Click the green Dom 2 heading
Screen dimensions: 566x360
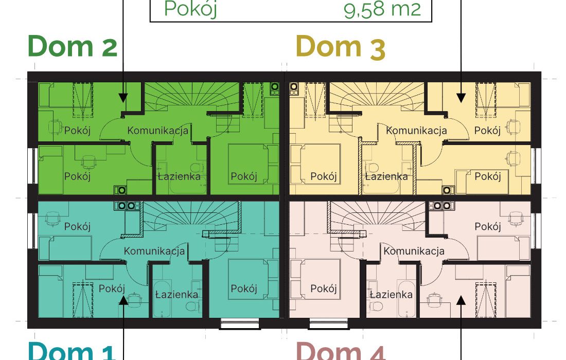(x=73, y=46)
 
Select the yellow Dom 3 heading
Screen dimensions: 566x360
(x=341, y=46)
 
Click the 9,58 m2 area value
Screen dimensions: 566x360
(x=382, y=9)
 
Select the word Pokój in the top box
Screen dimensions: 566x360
(x=190, y=9)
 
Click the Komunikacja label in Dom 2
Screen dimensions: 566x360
(x=158, y=130)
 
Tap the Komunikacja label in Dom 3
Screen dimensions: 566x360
(x=416, y=130)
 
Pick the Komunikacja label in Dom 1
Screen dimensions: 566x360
(x=154, y=250)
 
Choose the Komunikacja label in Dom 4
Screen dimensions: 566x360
(x=414, y=250)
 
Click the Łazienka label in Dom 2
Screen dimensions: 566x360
(x=179, y=176)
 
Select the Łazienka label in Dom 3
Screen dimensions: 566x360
(x=386, y=176)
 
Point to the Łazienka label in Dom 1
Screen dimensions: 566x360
(x=176, y=295)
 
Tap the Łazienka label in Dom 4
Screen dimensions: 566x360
(x=391, y=295)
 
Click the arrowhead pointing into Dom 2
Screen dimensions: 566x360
(x=123, y=98)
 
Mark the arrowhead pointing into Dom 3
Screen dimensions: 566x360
(x=461, y=98)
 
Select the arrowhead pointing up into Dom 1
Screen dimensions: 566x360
(x=123, y=300)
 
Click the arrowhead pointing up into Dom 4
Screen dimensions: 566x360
(x=461, y=300)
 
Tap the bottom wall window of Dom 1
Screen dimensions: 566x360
(x=240, y=324)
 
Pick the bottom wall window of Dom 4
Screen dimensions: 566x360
(x=329, y=324)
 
